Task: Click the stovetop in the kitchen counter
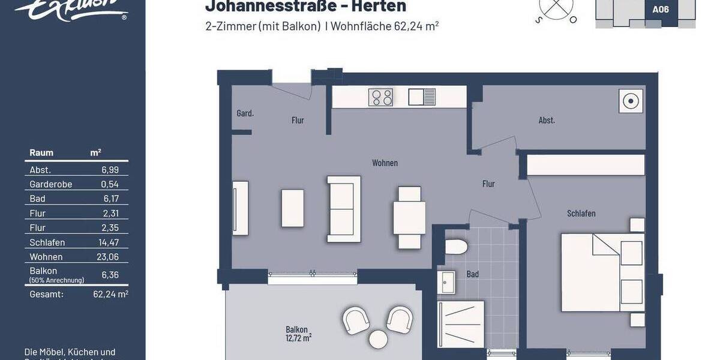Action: (380, 97)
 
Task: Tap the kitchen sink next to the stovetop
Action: (422, 97)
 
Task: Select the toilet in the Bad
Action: (457, 247)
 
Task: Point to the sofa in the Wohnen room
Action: (344, 209)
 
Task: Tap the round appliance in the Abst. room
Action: (630, 101)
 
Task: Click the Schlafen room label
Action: (581, 214)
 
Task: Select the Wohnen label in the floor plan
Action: (385, 163)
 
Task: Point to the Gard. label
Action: (245, 113)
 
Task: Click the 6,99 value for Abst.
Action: (110, 170)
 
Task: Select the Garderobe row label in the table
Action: (50, 184)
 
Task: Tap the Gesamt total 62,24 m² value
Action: (110, 294)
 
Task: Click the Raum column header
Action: (41, 153)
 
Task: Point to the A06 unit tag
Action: (660, 9)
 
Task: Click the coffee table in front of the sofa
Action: (293, 208)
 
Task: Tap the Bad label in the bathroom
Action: (473, 274)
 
